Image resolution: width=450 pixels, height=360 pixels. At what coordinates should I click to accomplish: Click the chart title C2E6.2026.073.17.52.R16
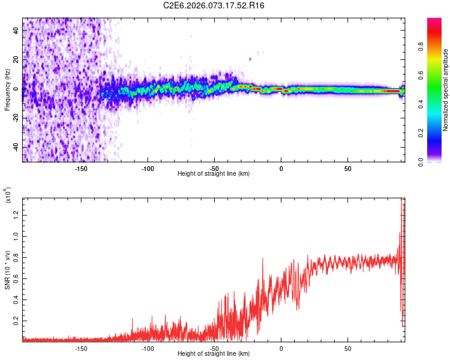pyautogui.click(x=214, y=5)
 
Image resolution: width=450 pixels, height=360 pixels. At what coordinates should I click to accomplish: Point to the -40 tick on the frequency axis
pyautogui.click(x=15, y=148)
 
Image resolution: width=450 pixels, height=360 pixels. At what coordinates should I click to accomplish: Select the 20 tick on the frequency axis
pyautogui.click(x=16, y=59)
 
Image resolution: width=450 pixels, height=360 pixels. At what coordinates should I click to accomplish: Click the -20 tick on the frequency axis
pyautogui.click(x=15, y=118)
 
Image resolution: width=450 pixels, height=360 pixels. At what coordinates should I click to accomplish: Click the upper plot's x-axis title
pyautogui.click(x=214, y=173)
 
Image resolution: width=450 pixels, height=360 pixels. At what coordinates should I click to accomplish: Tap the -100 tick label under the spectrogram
pyautogui.click(x=148, y=168)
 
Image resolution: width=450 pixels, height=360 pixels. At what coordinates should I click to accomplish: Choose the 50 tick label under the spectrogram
pyautogui.click(x=348, y=168)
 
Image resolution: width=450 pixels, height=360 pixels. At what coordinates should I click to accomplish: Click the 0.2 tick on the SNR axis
pyautogui.click(x=16, y=322)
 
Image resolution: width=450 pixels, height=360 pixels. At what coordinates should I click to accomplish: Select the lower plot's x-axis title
pyautogui.click(x=214, y=353)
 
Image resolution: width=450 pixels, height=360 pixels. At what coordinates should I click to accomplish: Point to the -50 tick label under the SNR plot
pyautogui.click(x=214, y=348)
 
